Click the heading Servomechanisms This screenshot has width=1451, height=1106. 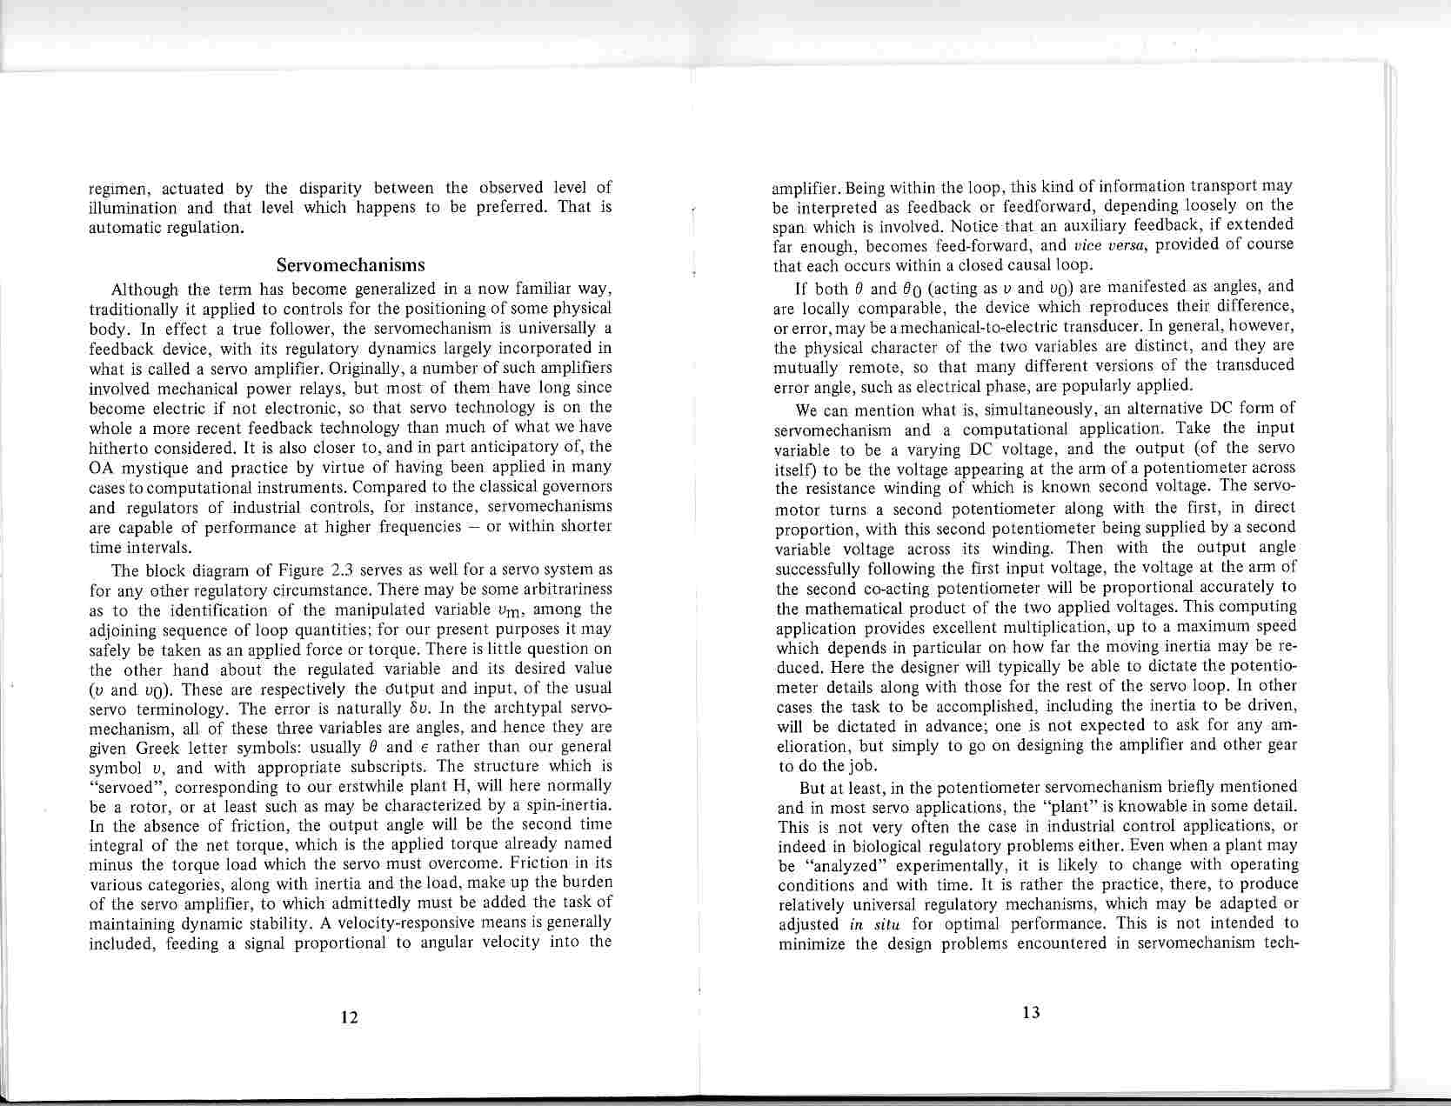click(x=351, y=264)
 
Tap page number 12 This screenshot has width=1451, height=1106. click(x=350, y=1017)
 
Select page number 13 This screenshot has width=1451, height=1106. click(x=1032, y=1012)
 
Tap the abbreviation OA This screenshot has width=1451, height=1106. click(x=101, y=467)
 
